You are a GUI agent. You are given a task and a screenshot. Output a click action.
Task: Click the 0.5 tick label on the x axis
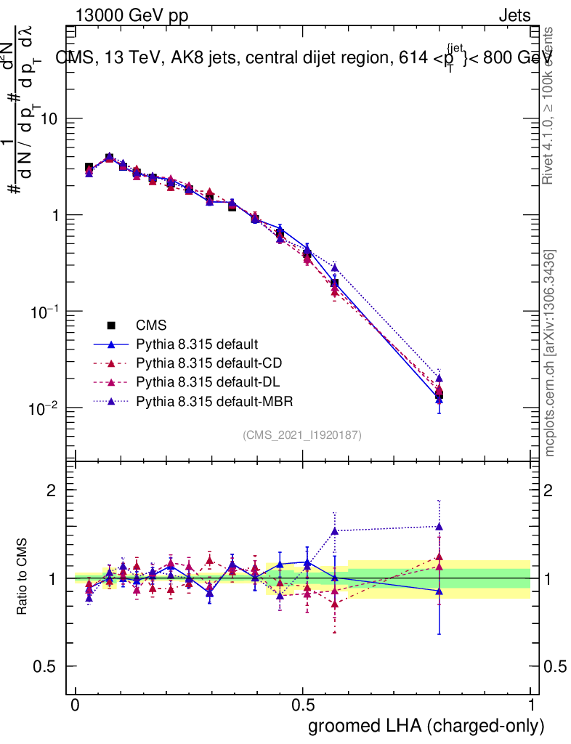303,705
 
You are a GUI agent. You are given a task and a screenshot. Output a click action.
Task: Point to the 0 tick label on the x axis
76,705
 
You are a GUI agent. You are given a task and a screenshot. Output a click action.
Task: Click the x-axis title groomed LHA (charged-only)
427,726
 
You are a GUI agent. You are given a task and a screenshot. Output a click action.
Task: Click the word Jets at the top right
514,16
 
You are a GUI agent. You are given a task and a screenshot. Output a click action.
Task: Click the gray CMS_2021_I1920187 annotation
302,434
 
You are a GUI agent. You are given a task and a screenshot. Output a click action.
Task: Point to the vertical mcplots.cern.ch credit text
550,353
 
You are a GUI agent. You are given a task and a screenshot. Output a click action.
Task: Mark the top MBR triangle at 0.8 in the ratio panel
440,527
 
